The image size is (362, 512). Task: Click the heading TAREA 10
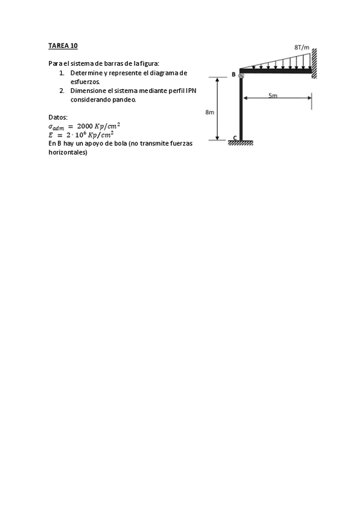[x=63, y=45]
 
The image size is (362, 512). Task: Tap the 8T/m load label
[x=301, y=46]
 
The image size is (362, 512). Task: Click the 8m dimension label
[x=209, y=112]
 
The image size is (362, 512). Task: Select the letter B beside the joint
[x=233, y=74]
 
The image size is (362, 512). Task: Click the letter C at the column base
[x=235, y=138]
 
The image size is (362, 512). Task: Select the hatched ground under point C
[x=240, y=143]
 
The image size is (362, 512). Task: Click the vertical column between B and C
[x=241, y=109]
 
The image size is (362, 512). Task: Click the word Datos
[x=58, y=117]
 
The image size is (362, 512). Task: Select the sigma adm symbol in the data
[x=56, y=126]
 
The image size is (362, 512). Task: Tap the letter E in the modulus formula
[x=51, y=135]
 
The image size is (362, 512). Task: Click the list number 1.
[x=62, y=73]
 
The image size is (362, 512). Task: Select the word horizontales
[x=68, y=153]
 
